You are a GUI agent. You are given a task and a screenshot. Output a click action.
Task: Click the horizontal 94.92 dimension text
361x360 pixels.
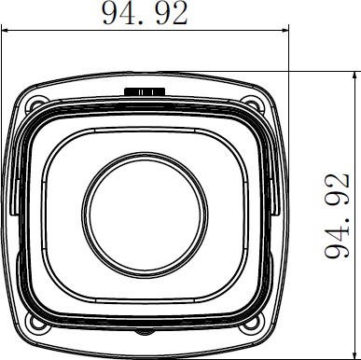tap(146, 13)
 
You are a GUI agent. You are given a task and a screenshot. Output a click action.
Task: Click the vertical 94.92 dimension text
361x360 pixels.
tap(337, 215)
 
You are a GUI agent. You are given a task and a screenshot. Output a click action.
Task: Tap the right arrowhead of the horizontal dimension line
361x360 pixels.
tap(285, 31)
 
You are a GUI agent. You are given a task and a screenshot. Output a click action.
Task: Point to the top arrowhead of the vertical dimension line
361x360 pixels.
tap(354, 76)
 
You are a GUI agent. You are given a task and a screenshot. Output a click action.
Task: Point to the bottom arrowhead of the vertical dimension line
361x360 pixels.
tap(354, 355)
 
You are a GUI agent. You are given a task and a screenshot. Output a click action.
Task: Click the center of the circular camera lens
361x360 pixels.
tap(145, 215)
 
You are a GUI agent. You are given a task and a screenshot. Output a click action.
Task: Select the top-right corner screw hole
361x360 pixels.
tap(252, 104)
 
